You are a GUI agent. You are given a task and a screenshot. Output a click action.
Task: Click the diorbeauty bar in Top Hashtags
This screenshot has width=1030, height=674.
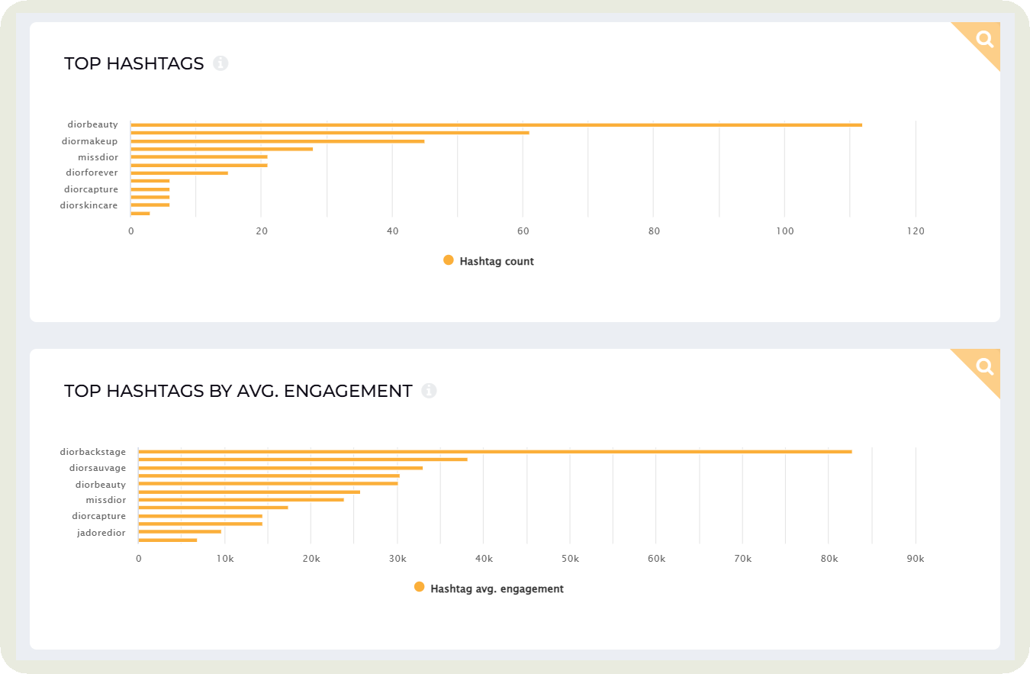pos(496,124)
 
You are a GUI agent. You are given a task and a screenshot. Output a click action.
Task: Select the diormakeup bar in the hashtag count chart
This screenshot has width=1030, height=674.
pos(278,141)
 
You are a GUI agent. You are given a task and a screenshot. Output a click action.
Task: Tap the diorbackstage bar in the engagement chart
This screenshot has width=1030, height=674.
pos(494,452)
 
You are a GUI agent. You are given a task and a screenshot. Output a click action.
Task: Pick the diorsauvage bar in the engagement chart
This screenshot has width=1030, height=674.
pos(280,468)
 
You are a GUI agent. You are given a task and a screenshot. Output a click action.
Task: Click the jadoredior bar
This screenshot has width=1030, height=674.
pos(179,532)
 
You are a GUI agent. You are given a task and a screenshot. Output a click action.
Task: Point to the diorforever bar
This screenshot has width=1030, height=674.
pos(179,173)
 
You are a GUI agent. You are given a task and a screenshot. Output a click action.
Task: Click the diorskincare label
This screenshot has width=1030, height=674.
pos(89,205)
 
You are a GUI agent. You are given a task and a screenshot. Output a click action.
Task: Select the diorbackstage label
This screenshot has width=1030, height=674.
pos(93,452)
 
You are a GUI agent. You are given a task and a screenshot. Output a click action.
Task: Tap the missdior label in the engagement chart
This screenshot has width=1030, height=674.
pos(106,500)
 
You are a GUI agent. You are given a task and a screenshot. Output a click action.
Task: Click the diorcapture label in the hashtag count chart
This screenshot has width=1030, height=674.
pos(91,189)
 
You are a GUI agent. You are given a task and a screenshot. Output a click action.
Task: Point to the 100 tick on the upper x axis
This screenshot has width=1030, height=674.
pos(784,231)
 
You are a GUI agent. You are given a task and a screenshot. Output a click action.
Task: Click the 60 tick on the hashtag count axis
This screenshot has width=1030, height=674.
pos(523,231)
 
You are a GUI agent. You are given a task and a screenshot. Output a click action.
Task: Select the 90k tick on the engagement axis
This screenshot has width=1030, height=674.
pos(915,560)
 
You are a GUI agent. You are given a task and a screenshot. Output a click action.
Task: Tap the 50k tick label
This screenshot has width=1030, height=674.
pos(569,560)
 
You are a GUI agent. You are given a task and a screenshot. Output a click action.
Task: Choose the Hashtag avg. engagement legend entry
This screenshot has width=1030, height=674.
pos(489,589)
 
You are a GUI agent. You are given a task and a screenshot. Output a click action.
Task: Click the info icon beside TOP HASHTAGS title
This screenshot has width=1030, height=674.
pos(220,63)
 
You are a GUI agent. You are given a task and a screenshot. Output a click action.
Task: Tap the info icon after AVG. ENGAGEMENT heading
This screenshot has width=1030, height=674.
pos(429,391)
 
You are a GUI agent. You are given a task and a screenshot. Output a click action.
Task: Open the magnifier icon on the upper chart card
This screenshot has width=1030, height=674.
pos(984,39)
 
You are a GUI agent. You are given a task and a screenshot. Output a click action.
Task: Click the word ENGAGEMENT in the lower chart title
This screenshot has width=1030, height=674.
pos(358,391)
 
